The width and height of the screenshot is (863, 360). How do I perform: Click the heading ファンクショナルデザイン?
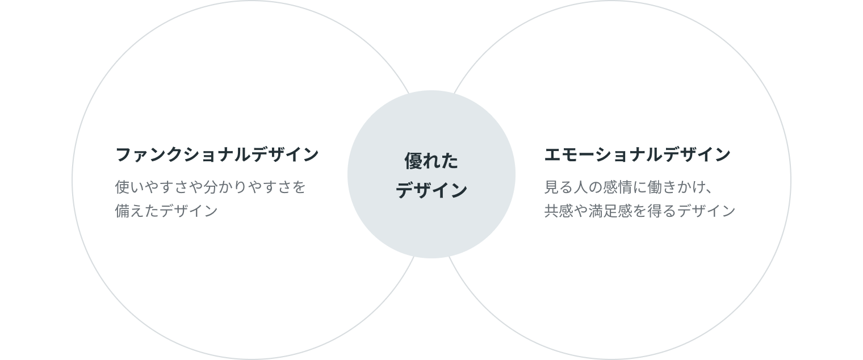[x=217, y=155]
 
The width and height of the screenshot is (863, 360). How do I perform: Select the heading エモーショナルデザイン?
[x=637, y=155]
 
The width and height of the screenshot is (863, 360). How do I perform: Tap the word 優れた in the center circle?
[x=431, y=162]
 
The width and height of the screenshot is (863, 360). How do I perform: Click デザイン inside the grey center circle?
[x=431, y=191]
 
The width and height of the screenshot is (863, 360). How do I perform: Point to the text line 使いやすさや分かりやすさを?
[x=210, y=187]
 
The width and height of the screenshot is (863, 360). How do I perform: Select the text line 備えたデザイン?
[x=166, y=211]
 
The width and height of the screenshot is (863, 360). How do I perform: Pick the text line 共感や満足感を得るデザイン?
[x=640, y=211]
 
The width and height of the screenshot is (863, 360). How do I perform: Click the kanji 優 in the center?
[x=413, y=162]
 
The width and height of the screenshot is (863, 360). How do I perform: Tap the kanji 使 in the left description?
[x=123, y=187]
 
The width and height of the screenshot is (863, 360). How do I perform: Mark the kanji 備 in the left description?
[x=123, y=211]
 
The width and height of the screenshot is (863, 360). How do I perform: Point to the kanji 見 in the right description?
[x=551, y=187]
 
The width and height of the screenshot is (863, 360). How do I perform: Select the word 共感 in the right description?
[x=559, y=211]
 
